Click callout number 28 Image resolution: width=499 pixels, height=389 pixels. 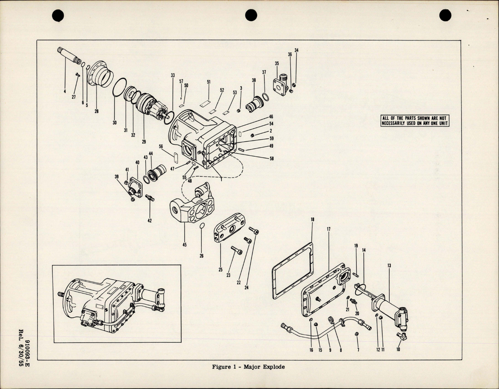pyautogui.click(x=97, y=111)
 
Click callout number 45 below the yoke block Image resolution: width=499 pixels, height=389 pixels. pyautogui.click(x=185, y=244)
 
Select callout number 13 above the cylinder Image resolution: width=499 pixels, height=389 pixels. pyautogui.click(x=389, y=266)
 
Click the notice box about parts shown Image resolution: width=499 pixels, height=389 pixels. pyautogui.click(x=415, y=121)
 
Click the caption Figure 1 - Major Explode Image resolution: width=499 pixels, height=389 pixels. pyautogui.click(x=248, y=367)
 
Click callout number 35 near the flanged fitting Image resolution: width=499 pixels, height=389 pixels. pyautogui.click(x=277, y=63)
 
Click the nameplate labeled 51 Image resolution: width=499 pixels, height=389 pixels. pyautogui.click(x=205, y=104)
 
